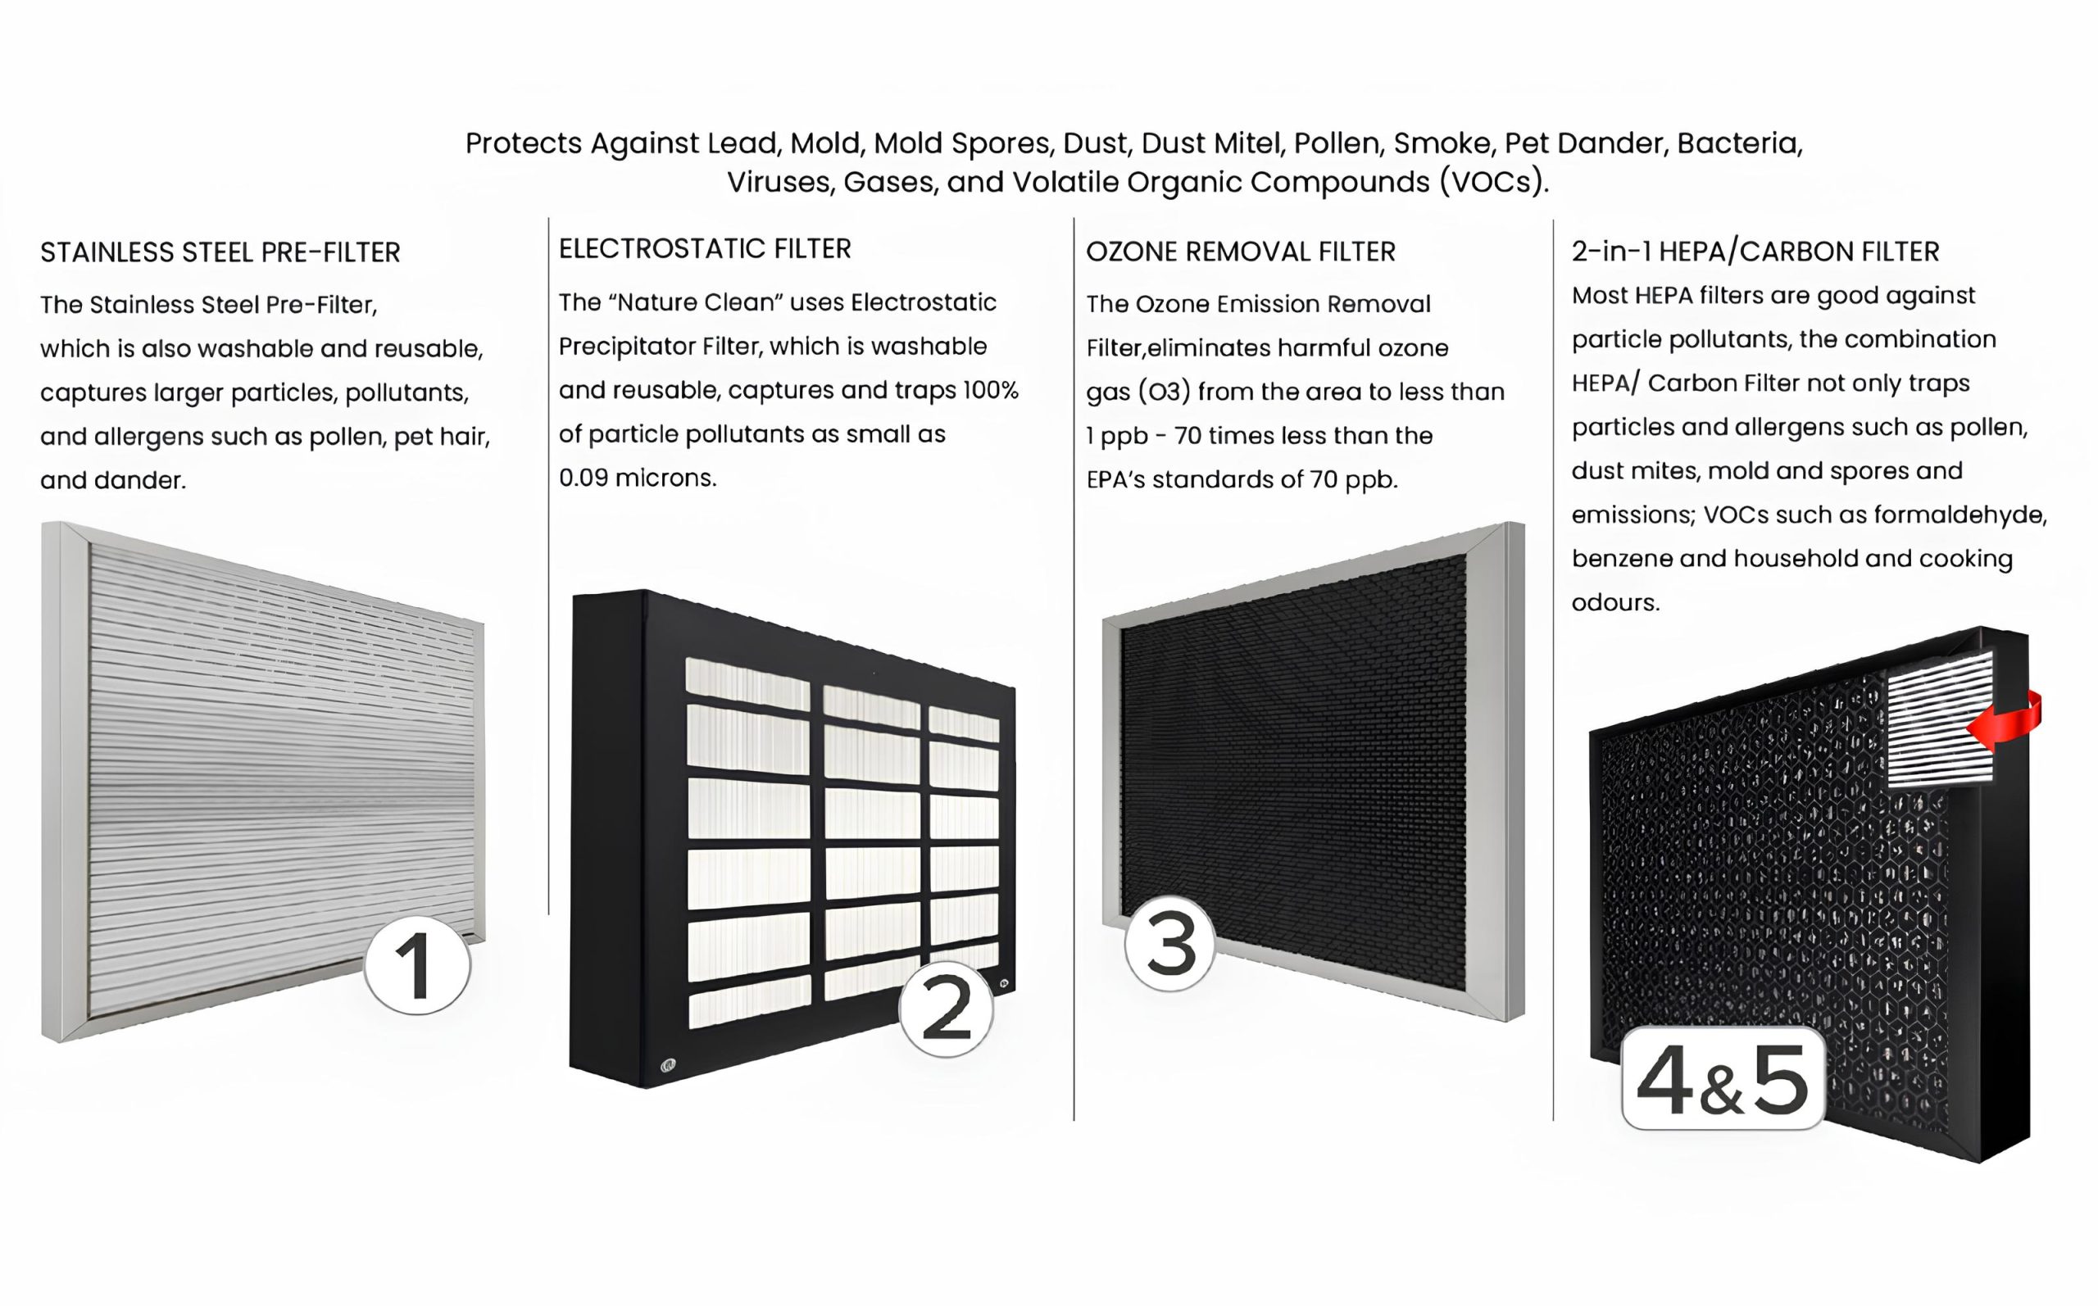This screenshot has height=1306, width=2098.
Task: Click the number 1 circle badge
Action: pyautogui.click(x=417, y=965)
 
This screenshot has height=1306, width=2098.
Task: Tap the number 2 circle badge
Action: pyautogui.click(x=946, y=1008)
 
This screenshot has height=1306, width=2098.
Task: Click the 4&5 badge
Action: pyautogui.click(x=1723, y=1078)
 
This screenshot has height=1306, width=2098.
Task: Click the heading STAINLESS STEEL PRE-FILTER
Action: pyautogui.click(x=220, y=252)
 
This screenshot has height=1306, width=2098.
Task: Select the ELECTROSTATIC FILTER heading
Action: pyautogui.click(x=705, y=249)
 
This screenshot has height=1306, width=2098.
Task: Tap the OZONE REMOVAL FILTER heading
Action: pyautogui.click(x=1240, y=252)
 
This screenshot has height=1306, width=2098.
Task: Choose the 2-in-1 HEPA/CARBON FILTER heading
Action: pyautogui.click(x=1755, y=252)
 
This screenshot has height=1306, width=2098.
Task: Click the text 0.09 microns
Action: pyautogui.click(x=638, y=478)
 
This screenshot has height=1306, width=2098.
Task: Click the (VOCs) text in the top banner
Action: pyautogui.click(x=1494, y=182)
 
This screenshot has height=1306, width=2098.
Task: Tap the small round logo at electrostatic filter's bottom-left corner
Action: pyautogui.click(x=668, y=1065)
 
